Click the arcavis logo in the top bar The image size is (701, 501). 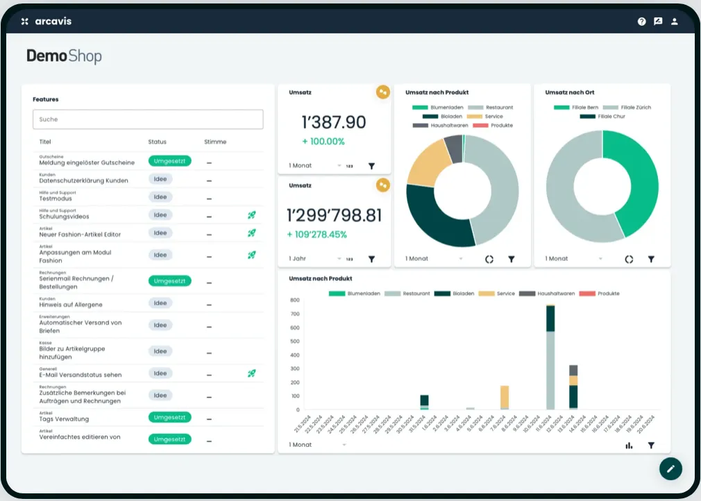click(47, 22)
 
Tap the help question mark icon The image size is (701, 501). click(642, 22)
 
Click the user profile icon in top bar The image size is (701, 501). click(674, 22)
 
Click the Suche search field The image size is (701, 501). click(148, 119)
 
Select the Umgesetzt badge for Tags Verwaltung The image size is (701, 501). click(169, 418)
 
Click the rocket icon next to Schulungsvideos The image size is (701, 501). click(252, 215)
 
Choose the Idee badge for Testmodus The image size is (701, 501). click(160, 197)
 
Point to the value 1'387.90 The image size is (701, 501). click(333, 122)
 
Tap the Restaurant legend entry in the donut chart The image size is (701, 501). click(491, 108)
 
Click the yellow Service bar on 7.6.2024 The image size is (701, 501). click(505, 398)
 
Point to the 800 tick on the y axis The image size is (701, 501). click(295, 300)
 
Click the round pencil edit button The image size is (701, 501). click(670, 468)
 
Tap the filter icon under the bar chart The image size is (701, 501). click(651, 445)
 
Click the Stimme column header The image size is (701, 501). click(215, 142)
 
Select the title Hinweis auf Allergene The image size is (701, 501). click(71, 305)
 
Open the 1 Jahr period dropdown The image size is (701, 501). click(316, 259)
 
